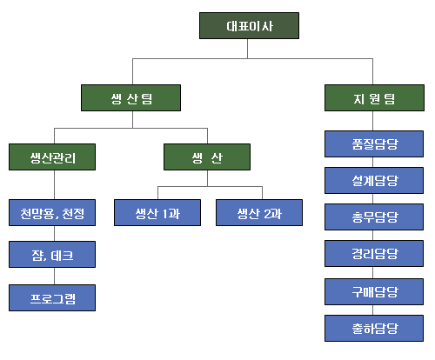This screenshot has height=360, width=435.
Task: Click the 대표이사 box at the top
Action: (x=249, y=25)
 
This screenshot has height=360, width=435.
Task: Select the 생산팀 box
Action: (x=130, y=97)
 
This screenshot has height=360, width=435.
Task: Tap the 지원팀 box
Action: (x=374, y=97)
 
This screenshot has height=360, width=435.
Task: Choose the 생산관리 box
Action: (x=52, y=157)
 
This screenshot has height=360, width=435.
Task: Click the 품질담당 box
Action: (x=374, y=144)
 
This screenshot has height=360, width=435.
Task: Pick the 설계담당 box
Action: (x=374, y=180)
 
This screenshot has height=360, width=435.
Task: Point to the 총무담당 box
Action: (x=374, y=217)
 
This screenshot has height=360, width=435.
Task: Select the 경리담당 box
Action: (x=374, y=253)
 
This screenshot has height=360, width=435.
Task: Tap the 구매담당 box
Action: (x=374, y=291)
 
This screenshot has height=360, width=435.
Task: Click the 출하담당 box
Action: (x=374, y=328)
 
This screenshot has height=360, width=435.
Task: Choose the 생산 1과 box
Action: (x=157, y=212)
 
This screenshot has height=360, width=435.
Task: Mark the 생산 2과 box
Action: (x=259, y=212)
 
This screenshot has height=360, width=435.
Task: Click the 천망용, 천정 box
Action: (x=52, y=212)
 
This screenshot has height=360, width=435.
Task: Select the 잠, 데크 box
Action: (x=52, y=254)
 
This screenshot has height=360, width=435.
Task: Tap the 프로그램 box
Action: (x=52, y=297)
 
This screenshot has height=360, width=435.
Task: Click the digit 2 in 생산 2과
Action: (x=267, y=214)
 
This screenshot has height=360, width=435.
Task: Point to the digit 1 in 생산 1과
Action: (x=165, y=214)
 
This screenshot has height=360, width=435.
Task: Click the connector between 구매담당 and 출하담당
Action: (x=372, y=310)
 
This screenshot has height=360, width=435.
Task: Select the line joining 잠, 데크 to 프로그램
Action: (x=54, y=276)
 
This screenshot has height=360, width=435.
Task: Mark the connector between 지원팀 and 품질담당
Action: (x=372, y=121)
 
